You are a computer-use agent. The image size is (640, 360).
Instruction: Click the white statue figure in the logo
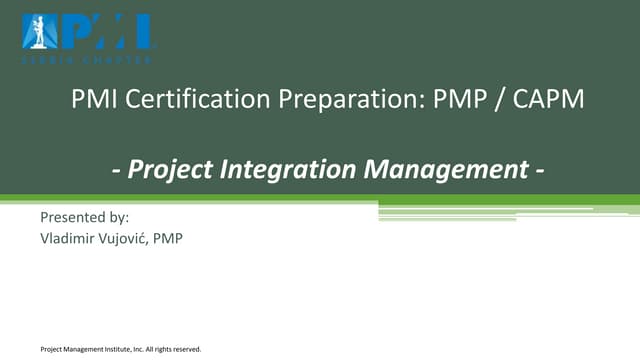(37, 31)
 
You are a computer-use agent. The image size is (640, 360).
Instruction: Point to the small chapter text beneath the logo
(88, 59)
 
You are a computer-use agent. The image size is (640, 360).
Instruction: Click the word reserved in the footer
(184, 349)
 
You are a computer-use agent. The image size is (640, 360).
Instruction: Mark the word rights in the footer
(159, 349)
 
